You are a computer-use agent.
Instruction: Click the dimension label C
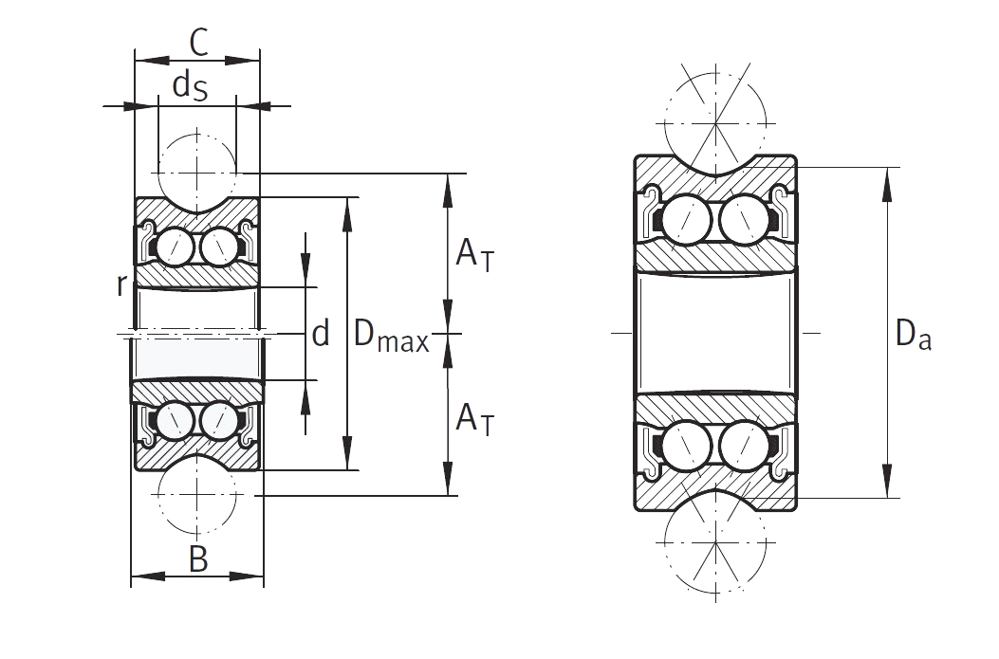click(x=199, y=44)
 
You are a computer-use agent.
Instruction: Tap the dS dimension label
click(x=190, y=86)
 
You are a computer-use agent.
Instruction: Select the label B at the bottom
click(x=198, y=559)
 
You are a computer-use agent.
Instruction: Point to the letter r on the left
click(x=121, y=285)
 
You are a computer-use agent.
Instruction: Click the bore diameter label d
click(x=321, y=333)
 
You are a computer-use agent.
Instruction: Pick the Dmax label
click(x=391, y=335)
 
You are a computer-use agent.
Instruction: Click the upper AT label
click(x=474, y=254)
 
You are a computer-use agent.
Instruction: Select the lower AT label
click(x=474, y=419)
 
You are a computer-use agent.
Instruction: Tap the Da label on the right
click(x=913, y=334)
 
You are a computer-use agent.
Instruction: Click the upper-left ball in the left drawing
click(x=174, y=247)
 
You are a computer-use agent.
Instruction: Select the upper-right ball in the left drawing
click(x=218, y=247)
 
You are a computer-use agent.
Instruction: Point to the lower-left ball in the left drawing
click(x=174, y=420)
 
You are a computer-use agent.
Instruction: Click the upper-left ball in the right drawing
click(x=686, y=220)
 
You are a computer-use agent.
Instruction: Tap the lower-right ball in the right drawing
click(x=744, y=445)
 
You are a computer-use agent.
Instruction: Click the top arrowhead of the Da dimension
click(x=886, y=184)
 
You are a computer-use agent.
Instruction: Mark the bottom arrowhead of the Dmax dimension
click(x=347, y=452)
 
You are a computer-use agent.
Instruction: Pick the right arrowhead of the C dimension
click(x=243, y=61)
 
